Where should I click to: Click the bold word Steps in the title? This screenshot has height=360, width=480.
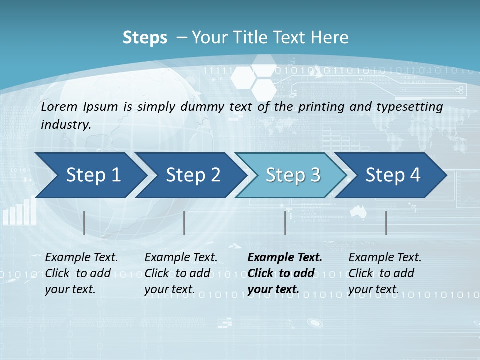click(145, 38)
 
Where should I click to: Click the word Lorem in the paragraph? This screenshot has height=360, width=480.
click(59, 106)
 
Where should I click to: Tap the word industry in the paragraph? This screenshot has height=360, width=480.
click(65, 124)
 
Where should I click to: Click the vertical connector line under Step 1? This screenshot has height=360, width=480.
click(84, 223)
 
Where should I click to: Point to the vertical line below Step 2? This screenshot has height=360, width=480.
click(184, 223)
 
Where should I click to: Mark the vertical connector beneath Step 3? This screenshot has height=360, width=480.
click(285, 223)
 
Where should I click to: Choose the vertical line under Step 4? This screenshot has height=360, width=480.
click(386, 223)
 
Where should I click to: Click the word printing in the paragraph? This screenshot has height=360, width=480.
click(317, 106)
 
